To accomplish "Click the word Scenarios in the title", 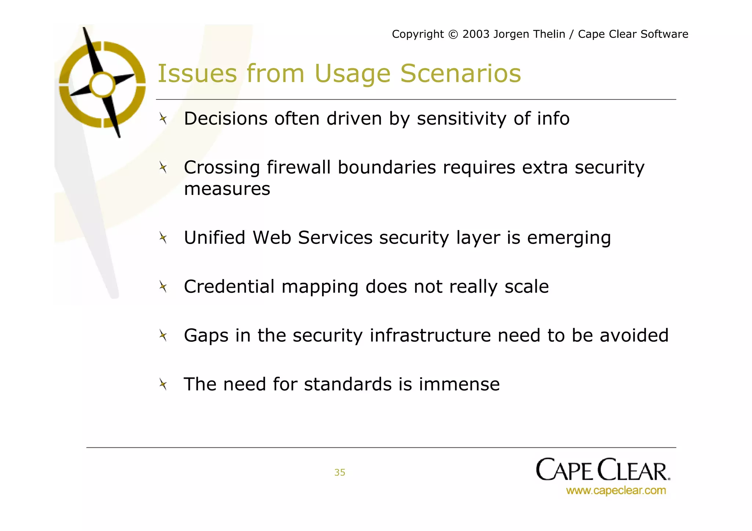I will (460, 73).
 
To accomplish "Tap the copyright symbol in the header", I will (453, 34).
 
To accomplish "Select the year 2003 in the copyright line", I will (476, 34).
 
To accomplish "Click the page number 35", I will (340, 472).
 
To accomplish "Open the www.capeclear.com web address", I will (616, 491).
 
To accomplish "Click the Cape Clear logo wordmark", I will (603, 470).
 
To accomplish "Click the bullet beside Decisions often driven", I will (163, 119).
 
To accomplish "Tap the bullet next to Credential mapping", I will (163, 287).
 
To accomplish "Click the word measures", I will (227, 189).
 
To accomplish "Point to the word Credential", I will (229, 287).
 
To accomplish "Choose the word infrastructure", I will (430, 335).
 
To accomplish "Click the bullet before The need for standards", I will (163, 385).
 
